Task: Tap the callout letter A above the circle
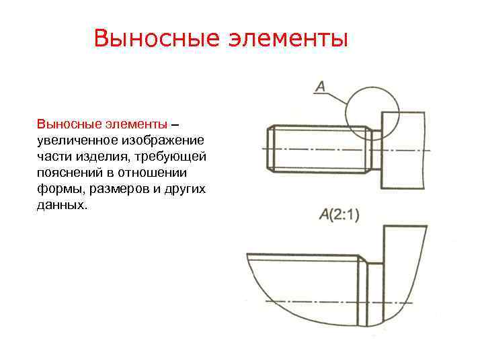click(321, 86)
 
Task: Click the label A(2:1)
click(339, 215)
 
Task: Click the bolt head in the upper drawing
click(403, 151)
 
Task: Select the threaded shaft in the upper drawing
click(319, 149)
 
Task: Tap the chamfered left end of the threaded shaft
click(271, 149)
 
